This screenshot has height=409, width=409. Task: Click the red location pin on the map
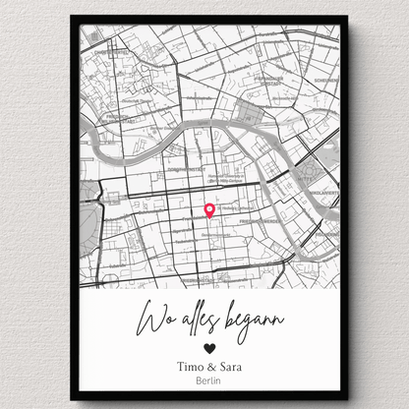208,209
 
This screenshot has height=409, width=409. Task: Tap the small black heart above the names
207,348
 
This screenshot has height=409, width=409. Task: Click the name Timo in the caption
184,366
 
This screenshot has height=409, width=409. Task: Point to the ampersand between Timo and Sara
208,366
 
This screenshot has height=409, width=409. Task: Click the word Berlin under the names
207,381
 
